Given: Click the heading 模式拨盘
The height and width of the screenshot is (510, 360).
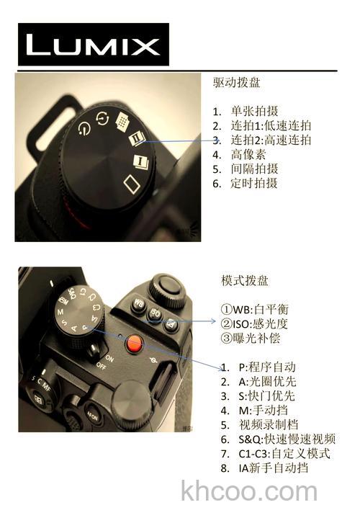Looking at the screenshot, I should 245,279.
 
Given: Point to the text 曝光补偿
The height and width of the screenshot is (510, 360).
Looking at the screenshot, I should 249,337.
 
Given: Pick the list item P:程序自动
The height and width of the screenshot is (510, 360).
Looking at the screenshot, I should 266,367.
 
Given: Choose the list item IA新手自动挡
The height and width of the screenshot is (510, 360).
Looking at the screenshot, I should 273,468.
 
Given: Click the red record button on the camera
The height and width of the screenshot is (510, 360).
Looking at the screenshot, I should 133,344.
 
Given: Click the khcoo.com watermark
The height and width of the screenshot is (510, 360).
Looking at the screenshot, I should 249,491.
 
